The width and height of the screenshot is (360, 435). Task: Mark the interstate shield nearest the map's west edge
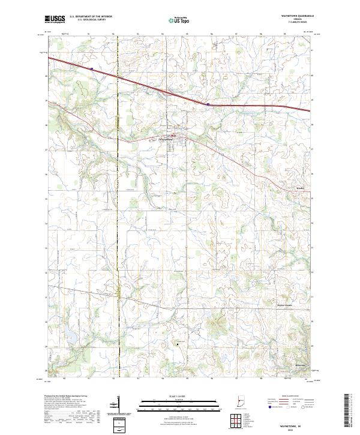pos(92,69)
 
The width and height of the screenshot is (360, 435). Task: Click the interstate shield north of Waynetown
pos(208,104)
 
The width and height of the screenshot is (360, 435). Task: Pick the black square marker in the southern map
pos(178,343)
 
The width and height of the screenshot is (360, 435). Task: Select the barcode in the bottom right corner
pos(350,414)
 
